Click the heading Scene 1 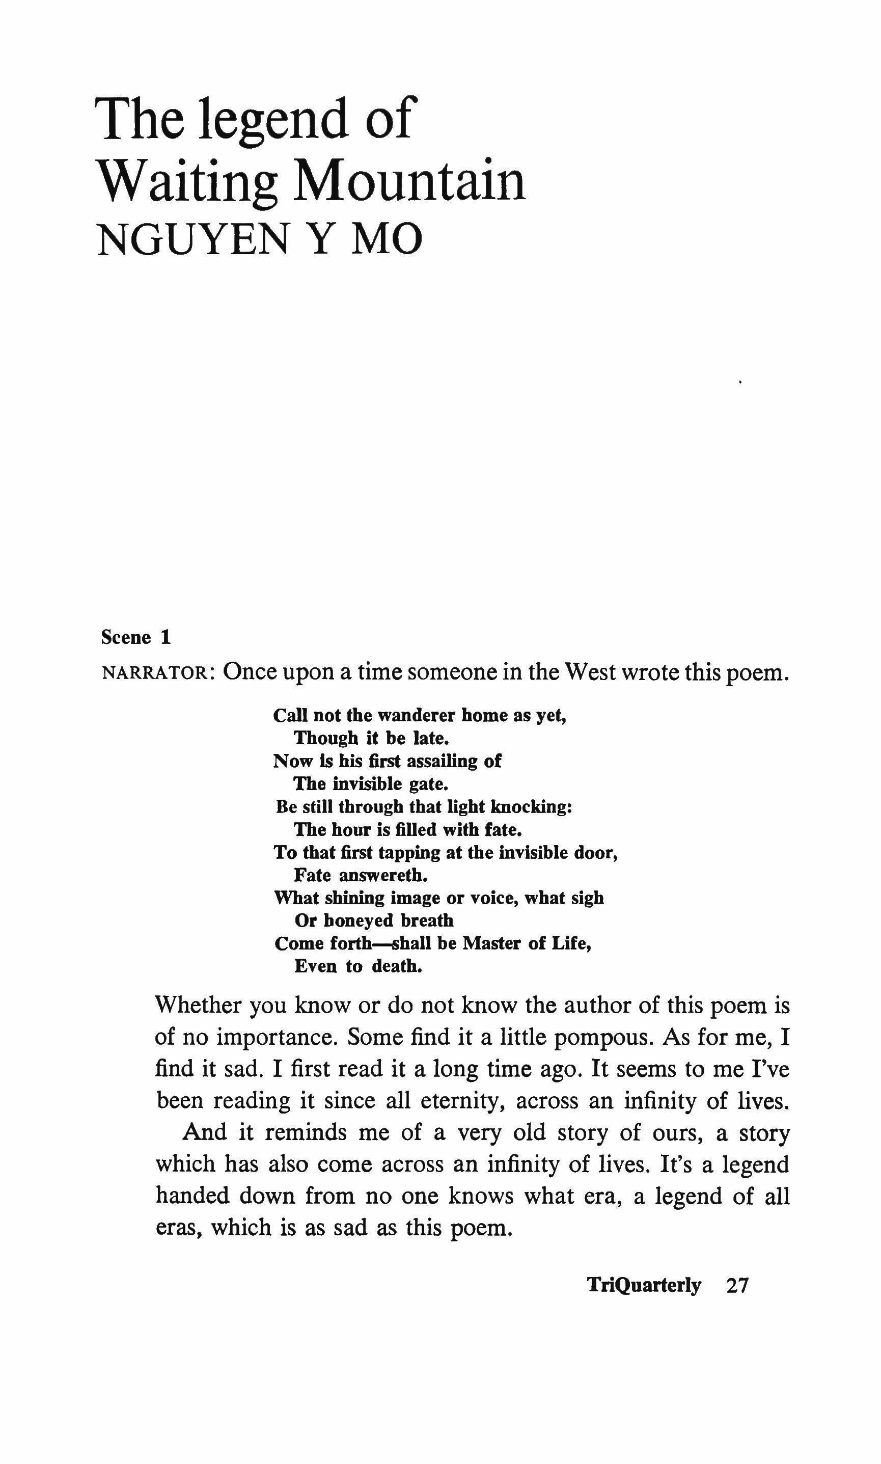coord(136,638)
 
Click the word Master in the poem coord(492,943)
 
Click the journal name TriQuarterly coord(644,1285)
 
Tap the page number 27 coord(737,1285)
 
